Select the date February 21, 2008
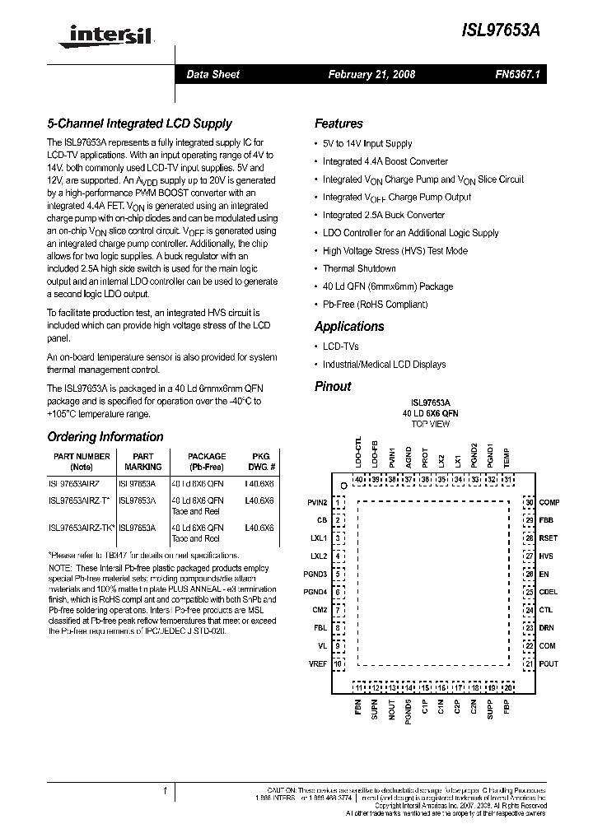[x=371, y=74]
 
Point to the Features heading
[x=339, y=123]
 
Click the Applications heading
[x=349, y=326]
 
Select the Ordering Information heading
[x=105, y=437]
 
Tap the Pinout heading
[x=333, y=386]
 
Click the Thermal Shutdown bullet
[x=359, y=268]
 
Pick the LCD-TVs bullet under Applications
[x=341, y=347]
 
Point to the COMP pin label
[x=549, y=502]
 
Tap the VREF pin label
[x=317, y=663]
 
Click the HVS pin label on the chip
[x=546, y=556]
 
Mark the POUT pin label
[x=549, y=663]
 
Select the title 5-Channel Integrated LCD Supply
[x=139, y=124]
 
